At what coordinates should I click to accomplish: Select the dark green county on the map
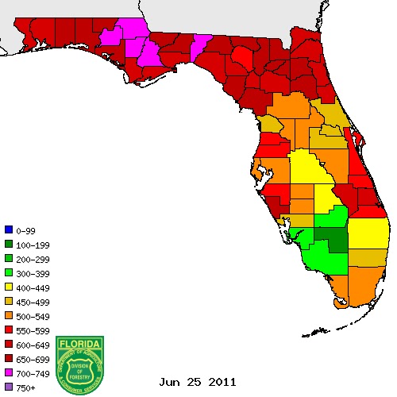[x=332, y=238]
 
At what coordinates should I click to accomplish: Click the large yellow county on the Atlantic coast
[x=368, y=233]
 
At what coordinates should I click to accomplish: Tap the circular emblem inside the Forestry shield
[x=80, y=368]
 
